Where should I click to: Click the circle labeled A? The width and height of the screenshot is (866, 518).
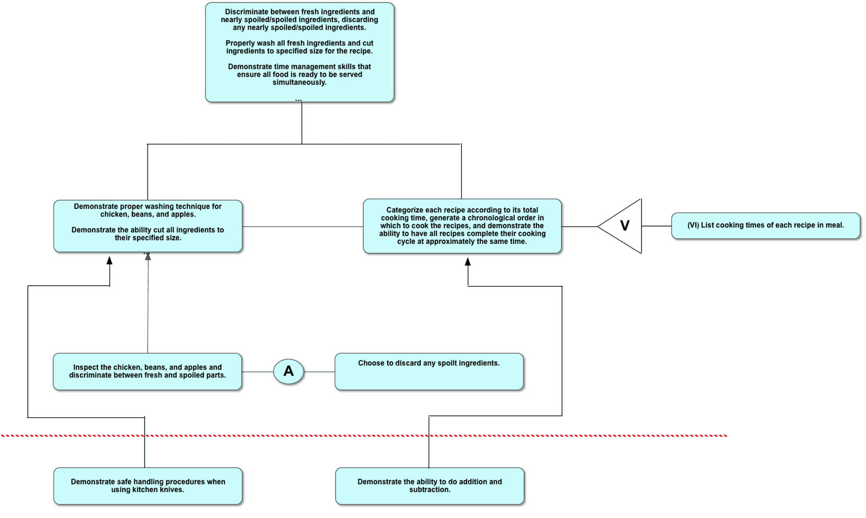coord(289,371)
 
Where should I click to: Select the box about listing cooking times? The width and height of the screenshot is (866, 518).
coord(765,226)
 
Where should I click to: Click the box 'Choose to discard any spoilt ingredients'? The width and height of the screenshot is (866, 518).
coord(429,372)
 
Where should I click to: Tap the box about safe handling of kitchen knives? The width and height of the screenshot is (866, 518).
coord(148,486)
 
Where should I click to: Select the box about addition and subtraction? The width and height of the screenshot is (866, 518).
coord(430,486)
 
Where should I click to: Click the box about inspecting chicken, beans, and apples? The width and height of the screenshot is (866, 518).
coord(148,371)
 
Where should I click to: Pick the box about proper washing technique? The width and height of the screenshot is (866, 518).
coord(148,226)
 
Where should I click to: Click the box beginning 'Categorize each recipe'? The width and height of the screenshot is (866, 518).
coord(462,226)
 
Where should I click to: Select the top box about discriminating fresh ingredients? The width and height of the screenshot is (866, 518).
coord(300,52)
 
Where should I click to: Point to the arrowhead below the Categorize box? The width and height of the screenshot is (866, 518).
coord(468,262)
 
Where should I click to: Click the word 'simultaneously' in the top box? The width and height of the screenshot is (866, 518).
coord(299,82)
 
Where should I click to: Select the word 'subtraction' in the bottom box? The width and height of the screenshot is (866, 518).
coord(429,490)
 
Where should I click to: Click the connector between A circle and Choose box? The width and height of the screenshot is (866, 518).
coord(319,372)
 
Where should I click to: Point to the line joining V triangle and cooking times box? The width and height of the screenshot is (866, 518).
coord(656,226)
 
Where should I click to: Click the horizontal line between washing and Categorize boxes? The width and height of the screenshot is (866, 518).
coord(303,227)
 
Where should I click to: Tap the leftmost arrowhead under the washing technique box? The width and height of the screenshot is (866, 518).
coord(109,261)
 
